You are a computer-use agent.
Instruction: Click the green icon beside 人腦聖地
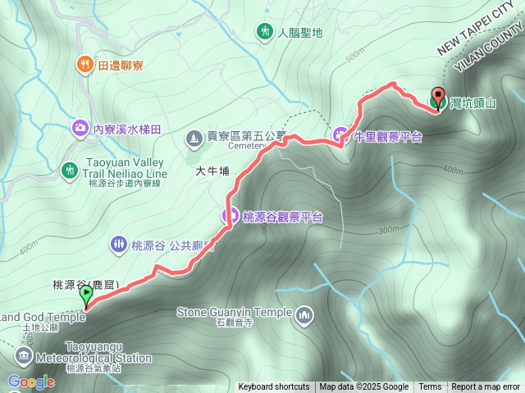[x=264, y=32]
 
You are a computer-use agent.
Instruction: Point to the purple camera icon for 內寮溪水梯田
[x=80, y=128]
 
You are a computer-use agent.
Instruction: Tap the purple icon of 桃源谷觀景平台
[x=230, y=216]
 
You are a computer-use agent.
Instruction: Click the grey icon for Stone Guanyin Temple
[x=304, y=314]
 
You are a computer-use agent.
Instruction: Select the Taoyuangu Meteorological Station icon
[x=23, y=356]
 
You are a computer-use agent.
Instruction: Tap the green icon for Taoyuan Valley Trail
[x=71, y=169]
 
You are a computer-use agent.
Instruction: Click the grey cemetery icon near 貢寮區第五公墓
[x=194, y=138]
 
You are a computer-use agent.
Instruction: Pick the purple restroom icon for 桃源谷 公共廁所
[x=118, y=243]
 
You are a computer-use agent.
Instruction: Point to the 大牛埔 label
[x=212, y=173]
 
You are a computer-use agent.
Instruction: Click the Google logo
[x=30, y=382]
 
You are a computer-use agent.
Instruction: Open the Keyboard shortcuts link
[x=274, y=387]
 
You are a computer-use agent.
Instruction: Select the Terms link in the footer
[x=430, y=387]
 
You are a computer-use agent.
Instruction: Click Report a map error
[x=486, y=387]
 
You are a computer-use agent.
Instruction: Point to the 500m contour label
[x=354, y=55]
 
